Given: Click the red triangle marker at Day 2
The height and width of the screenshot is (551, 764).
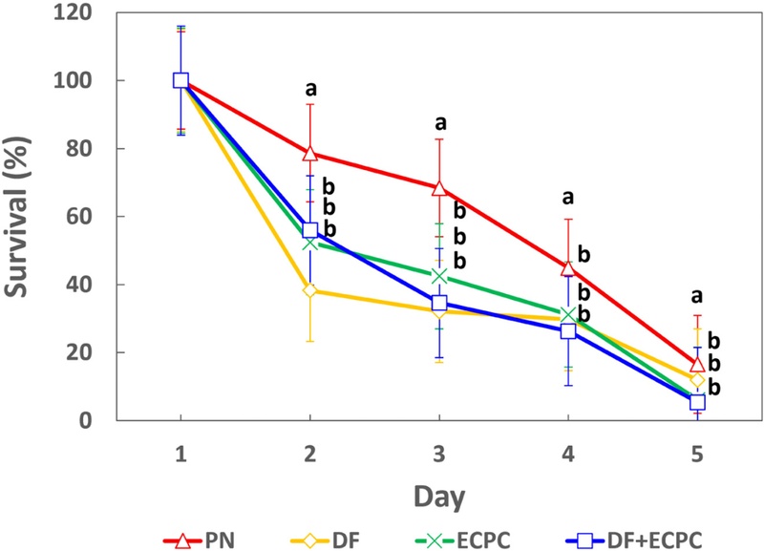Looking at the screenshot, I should pyautogui.click(x=309, y=154).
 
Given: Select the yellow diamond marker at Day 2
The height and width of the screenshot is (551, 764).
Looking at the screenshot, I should pyautogui.click(x=309, y=290).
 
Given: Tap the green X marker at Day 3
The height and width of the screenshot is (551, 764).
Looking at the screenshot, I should pyautogui.click(x=439, y=277).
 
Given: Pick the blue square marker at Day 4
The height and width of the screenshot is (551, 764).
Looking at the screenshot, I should pyautogui.click(x=568, y=331).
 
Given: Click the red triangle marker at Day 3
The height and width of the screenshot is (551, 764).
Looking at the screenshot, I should pyautogui.click(x=439, y=188).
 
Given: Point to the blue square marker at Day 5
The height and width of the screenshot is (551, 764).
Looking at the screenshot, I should pyautogui.click(x=698, y=402).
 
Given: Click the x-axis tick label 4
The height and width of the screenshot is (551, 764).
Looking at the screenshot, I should pyautogui.click(x=568, y=456).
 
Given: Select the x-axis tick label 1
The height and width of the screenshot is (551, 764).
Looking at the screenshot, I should pyautogui.click(x=180, y=456).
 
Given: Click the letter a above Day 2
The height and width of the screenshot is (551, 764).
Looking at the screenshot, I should pyautogui.click(x=310, y=90).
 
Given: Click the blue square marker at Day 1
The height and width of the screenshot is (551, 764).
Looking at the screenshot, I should pyautogui.click(x=180, y=80).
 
